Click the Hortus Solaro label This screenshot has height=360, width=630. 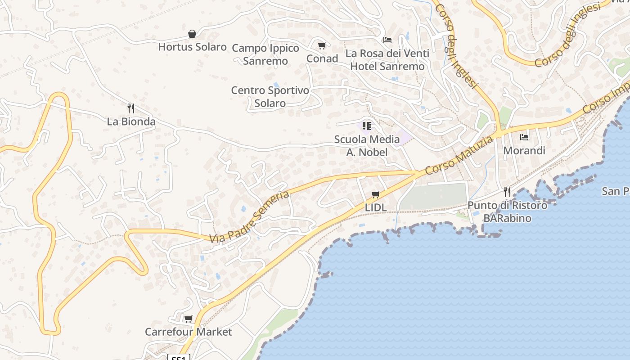tap(192, 47)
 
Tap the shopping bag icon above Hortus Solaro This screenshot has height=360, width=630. tap(192, 34)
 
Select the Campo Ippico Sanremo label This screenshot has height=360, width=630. tap(265, 54)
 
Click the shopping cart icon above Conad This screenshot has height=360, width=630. tap(322, 45)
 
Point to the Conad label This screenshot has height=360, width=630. tap(322, 58)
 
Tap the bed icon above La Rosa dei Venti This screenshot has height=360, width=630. tap(387, 40)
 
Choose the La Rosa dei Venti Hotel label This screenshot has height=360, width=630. tap(387, 60)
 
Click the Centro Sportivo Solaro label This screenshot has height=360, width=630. tap(270, 96)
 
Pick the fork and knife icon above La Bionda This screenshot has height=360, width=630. tap(131, 108)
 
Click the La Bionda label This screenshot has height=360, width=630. tap(131, 121)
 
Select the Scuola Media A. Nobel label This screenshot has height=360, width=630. tap(367, 145)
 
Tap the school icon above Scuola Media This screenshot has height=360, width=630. tap(367, 126)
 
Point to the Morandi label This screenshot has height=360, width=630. tap(524, 150)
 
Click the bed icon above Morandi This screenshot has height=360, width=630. tap(524, 137)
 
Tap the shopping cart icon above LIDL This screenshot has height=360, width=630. tap(376, 195)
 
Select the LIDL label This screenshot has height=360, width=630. tap(376, 208)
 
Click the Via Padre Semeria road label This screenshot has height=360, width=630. tap(249, 216)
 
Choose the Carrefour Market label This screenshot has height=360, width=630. tap(188, 332)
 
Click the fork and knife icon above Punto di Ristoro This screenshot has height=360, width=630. tap(507, 192)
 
